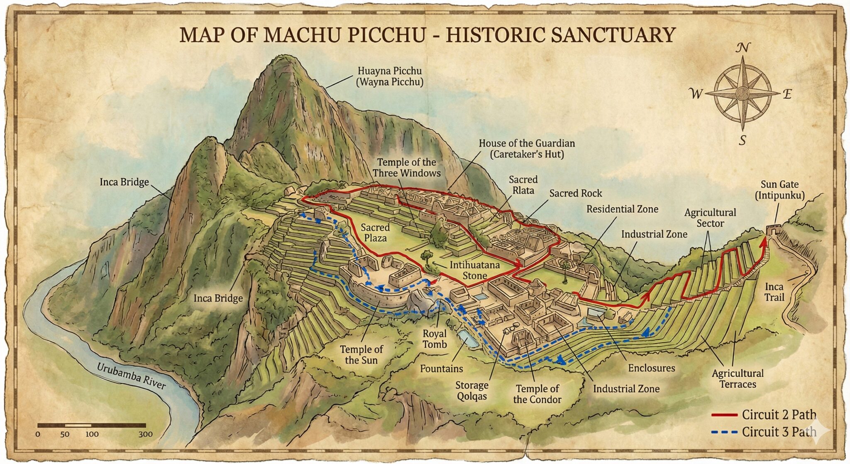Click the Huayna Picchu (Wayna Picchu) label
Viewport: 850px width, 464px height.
[390, 76]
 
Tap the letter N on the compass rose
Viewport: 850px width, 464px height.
[743, 49]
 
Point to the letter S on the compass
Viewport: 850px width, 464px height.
[743, 140]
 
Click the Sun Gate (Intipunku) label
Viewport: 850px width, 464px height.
[779, 190]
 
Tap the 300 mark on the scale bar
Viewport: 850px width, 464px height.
[145, 435]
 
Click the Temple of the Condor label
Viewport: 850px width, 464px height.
[537, 394]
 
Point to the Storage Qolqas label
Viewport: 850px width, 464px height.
[472, 391]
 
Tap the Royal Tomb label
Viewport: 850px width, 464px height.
[435, 339]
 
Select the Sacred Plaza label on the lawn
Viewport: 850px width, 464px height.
[375, 233]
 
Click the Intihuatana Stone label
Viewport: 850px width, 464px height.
[475, 270]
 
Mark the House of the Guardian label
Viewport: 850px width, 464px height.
[527, 149]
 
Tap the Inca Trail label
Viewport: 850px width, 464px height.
[774, 292]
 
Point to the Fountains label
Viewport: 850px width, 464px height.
[441, 368]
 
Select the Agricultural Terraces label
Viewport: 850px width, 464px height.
[738, 378]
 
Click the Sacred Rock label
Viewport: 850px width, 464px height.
[575, 193]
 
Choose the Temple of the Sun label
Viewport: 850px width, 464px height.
[361, 355]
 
